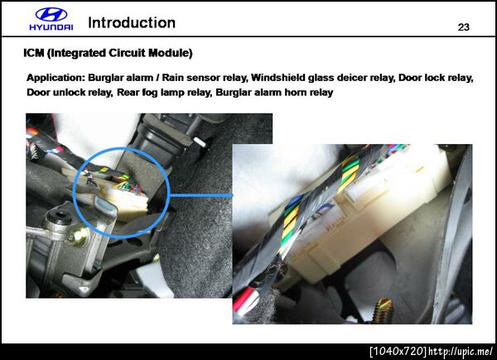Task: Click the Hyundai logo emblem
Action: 51,14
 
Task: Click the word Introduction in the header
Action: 132,23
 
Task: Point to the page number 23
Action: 463,27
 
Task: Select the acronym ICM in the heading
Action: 34,53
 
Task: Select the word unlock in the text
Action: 65,93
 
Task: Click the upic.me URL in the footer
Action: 461,351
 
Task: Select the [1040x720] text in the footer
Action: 398,351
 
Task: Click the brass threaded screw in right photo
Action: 383,310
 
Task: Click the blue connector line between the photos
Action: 201,195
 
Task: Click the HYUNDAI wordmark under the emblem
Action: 51,27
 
